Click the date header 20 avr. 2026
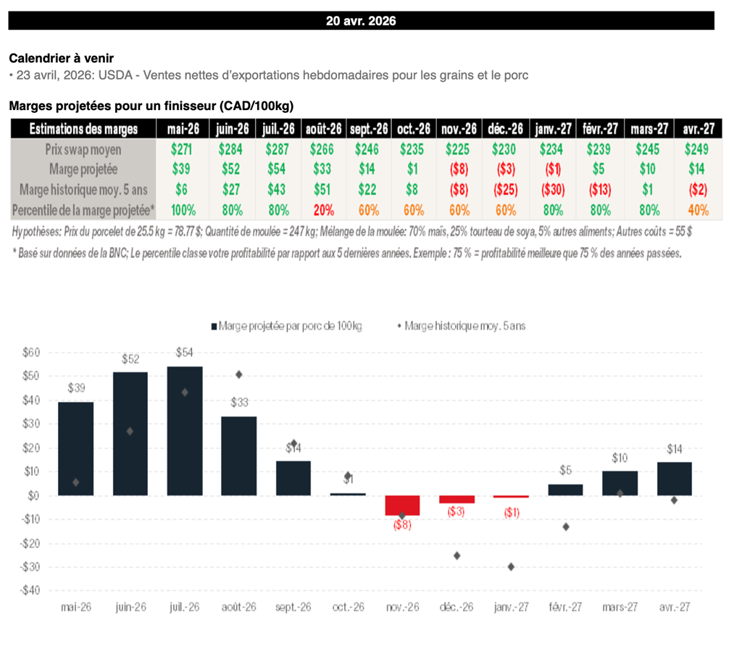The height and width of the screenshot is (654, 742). (x=361, y=21)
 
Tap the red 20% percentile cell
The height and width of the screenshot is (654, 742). (x=322, y=210)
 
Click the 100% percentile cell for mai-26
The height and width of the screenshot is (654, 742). (x=183, y=210)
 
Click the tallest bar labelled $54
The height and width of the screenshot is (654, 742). (x=185, y=431)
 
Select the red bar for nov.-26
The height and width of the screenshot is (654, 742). (x=402, y=505)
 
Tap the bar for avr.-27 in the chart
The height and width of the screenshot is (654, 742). (x=675, y=479)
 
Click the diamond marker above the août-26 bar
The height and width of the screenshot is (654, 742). (x=239, y=374)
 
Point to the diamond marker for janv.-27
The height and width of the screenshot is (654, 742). (x=511, y=566)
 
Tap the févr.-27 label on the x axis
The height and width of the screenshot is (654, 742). (x=565, y=607)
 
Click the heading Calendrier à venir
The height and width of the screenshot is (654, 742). (x=61, y=58)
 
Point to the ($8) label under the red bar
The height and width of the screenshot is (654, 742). (x=402, y=525)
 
